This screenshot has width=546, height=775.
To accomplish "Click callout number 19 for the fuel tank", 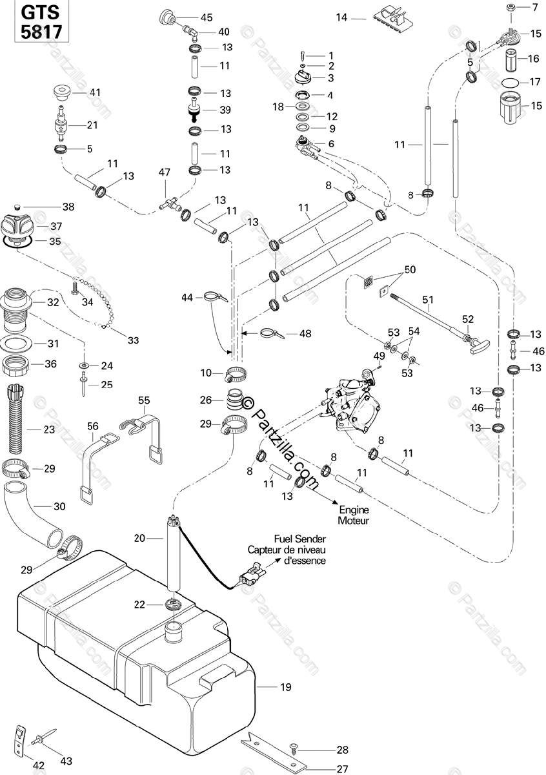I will coord(287,687).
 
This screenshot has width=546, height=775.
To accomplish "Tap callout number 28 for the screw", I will coord(341,750).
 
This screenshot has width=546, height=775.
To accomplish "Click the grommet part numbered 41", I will coord(62,92).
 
